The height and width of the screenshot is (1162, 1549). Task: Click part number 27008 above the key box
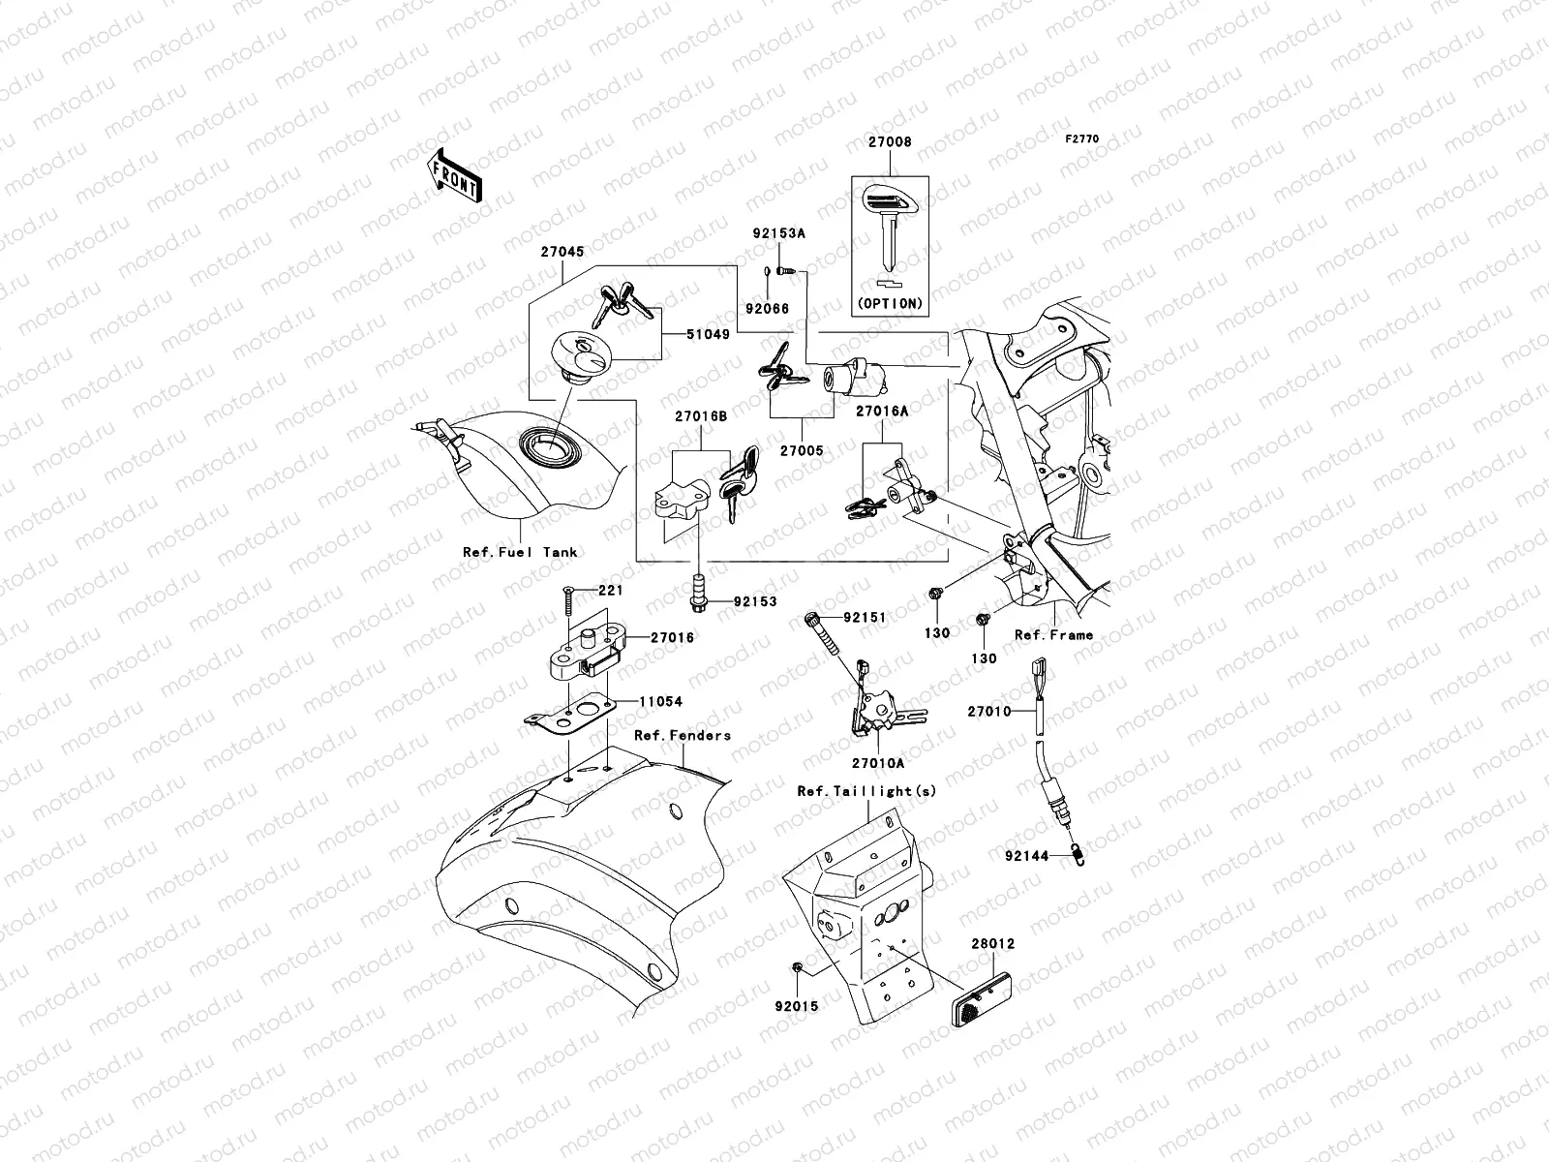click(889, 142)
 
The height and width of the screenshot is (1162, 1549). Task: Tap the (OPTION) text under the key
click(890, 303)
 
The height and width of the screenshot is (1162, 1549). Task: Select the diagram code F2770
click(1082, 139)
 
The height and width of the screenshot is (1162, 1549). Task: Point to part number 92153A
click(780, 233)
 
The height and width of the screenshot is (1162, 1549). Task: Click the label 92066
click(767, 309)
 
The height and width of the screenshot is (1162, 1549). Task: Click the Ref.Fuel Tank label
click(520, 552)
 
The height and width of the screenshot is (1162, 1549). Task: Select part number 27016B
click(702, 415)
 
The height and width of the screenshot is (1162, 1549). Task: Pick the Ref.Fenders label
click(683, 735)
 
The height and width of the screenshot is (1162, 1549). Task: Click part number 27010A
click(879, 764)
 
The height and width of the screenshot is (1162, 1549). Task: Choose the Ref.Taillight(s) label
click(867, 791)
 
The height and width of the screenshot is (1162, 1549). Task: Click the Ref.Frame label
click(1053, 635)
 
